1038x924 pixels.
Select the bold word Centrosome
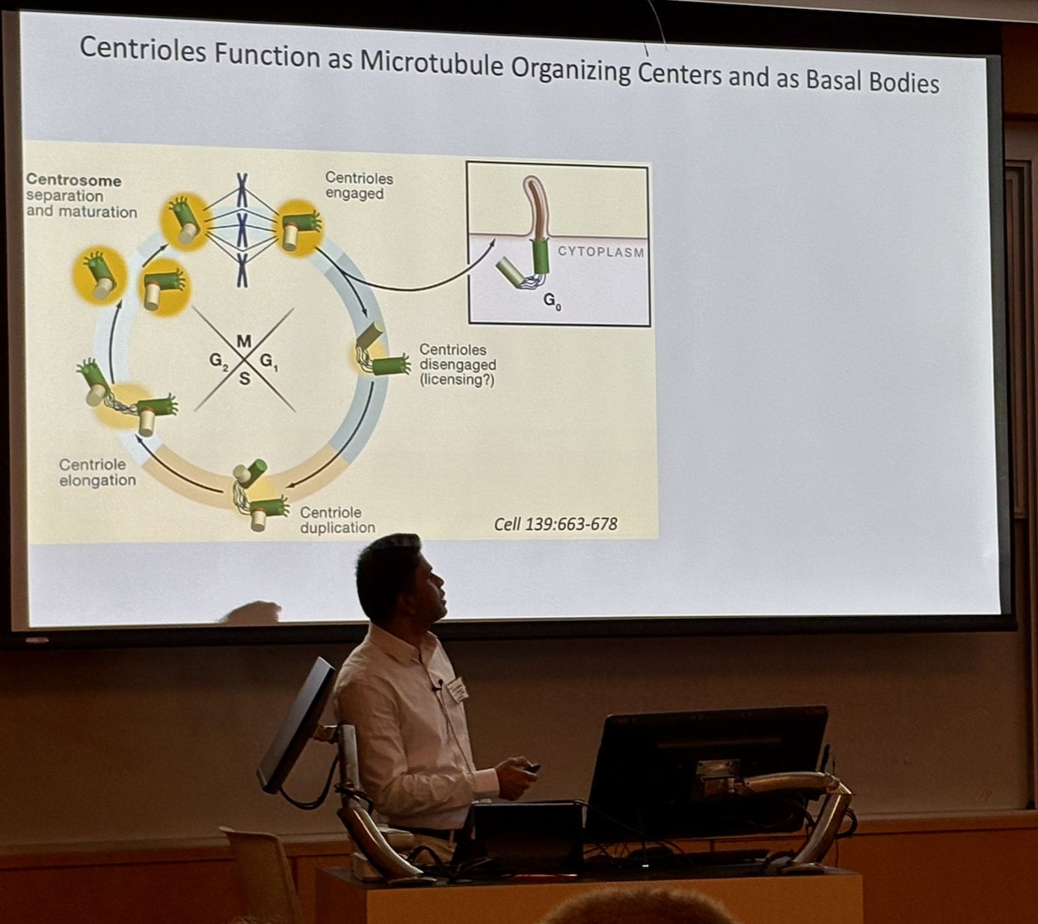coord(73,180)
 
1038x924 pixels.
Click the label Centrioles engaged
coord(358,185)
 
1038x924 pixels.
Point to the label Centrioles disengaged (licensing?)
coord(457,364)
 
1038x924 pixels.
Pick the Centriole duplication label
coord(337,520)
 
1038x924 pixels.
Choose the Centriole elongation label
coord(97,472)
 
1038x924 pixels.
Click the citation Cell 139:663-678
coord(556,524)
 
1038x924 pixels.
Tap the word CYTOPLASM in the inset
coord(601,252)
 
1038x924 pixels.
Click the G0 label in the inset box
coord(552,301)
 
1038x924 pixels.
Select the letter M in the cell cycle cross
coord(244,342)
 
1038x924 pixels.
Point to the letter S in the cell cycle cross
coord(245,379)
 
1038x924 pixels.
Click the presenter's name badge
coord(458,689)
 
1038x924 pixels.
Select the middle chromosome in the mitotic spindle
coord(242,228)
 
